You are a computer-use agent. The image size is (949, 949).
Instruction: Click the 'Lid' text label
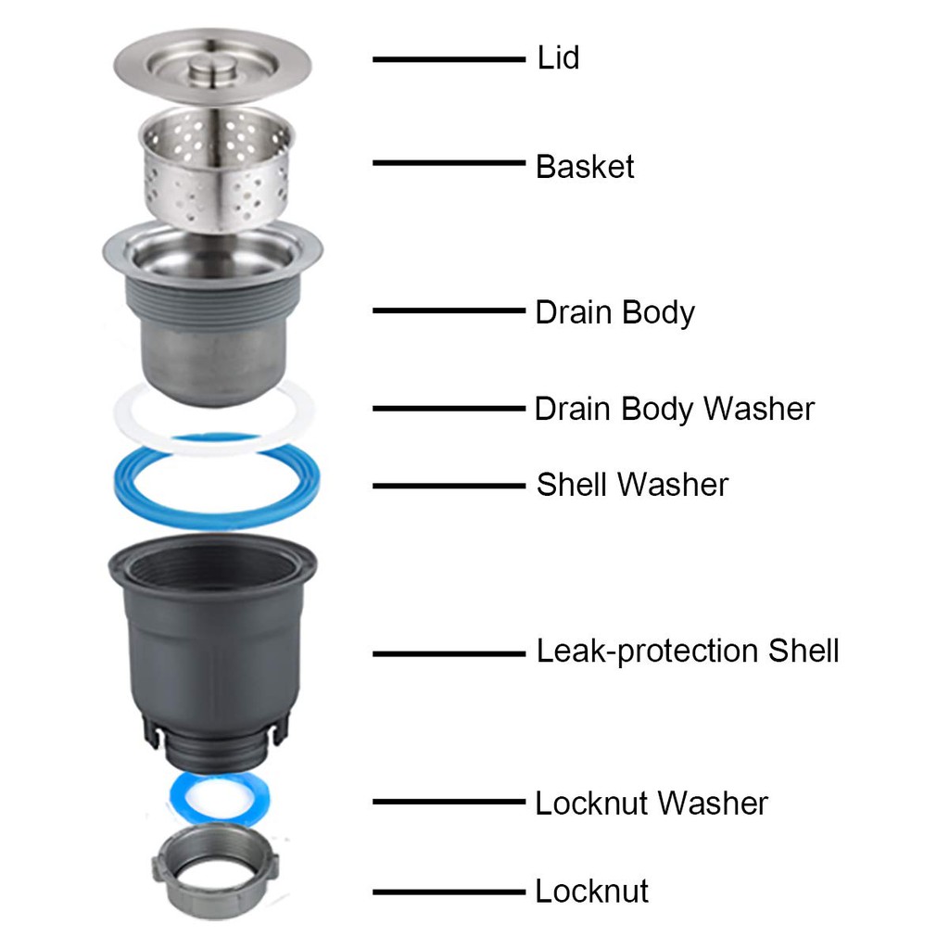[558, 58]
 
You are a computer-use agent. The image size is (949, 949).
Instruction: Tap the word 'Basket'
[585, 167]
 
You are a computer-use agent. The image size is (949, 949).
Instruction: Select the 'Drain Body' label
[615, 313]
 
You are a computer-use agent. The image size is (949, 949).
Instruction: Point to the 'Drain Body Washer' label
[675, 409]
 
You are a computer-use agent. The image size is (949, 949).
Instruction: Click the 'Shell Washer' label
[632, 485]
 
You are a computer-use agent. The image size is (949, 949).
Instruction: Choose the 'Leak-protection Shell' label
[688, 652]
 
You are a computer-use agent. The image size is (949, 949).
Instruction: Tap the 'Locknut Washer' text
[652, 803]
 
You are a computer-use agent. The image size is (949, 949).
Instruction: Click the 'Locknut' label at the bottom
[591, 891]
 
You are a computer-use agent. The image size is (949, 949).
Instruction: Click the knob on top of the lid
[212, 66]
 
